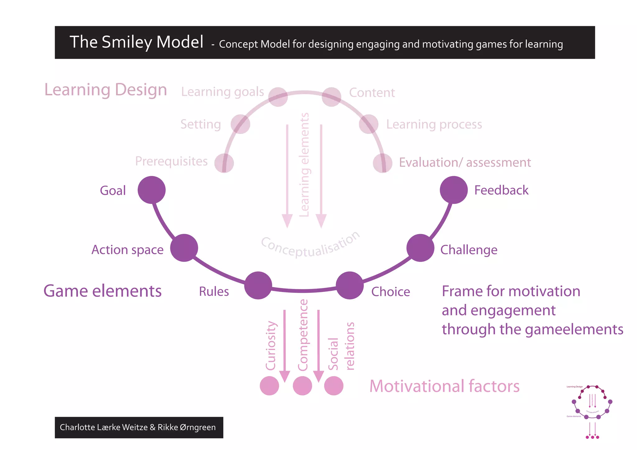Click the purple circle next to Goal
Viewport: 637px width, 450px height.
[x=151, y=190]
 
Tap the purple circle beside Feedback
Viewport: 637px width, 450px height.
[x=453, y=190]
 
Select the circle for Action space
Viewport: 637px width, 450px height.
[x=184, y=248]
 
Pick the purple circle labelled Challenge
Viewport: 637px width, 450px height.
[x=420, y=248]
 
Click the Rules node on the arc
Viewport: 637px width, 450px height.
[x=258, y=285]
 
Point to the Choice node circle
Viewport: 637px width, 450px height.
[x=350, y=285]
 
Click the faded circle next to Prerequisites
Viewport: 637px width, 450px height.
[x=224, y=163]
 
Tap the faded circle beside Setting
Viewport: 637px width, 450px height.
[x=240, y=124]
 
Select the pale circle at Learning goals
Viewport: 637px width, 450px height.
[x=278, y=97]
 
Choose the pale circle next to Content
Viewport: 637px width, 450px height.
[x=331, y=97]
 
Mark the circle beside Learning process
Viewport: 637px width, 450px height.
[x=369, y=124]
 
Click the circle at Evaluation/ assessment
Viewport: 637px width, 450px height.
[x=383, y=163]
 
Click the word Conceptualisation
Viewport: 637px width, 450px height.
[x=310, y=246]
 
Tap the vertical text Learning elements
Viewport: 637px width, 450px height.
[x=304, y=165]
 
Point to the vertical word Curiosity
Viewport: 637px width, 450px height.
[x=271, y=346]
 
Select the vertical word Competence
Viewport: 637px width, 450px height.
[x=303, y=335]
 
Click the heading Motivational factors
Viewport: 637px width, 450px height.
[x=444, y=386]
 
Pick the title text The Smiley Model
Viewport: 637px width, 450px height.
[x=136, y=42]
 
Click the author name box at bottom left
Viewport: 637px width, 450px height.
[x=139, y=427]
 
